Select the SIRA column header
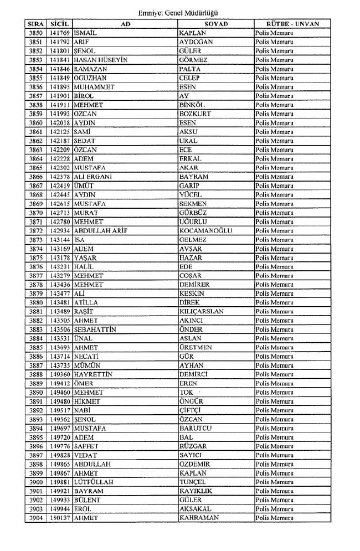tap(35, 24)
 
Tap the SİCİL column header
tap(59, 24)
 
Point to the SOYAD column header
tap(216, 24)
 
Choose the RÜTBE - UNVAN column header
tap(292, 24)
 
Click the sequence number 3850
tap(35, 34)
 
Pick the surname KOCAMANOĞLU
tap(205, 231)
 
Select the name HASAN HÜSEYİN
tap(97, 60)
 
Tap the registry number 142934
tap(59, 231)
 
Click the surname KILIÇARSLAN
tap(202, 312)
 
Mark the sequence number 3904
tap(35, 518)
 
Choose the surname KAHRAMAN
tap(199, 518)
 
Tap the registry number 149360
tap(59, 374)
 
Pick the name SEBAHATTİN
tap(95, 329)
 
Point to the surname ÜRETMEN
tap(196, 348)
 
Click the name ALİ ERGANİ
tap(92, 177)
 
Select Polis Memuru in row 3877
tap(274, 276)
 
